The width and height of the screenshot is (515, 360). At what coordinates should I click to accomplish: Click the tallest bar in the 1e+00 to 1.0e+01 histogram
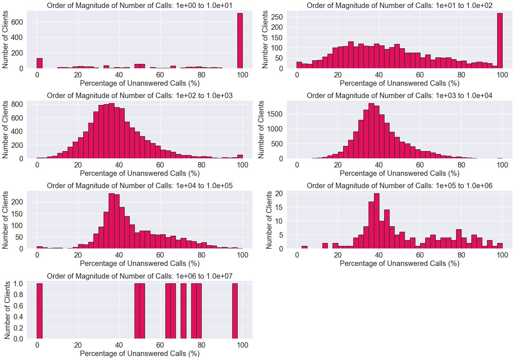[240, 41]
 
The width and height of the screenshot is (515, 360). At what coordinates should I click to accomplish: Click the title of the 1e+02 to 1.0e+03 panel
[140, 96]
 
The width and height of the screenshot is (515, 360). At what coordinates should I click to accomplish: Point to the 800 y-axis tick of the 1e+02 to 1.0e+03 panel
[17, 104]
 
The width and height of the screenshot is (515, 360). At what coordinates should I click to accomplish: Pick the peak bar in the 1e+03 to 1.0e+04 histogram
[371, 131]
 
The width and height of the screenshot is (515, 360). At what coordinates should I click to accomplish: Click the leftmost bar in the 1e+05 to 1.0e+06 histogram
[305, 247]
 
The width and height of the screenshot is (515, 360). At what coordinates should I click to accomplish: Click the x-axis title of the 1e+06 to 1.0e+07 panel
[140, 353]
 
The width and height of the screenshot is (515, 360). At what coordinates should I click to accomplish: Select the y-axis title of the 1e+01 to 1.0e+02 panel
[265, 39]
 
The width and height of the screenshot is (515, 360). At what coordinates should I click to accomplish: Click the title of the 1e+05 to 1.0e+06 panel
[399, 186]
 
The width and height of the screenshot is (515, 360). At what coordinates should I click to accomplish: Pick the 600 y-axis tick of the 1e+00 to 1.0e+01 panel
[17, 22]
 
